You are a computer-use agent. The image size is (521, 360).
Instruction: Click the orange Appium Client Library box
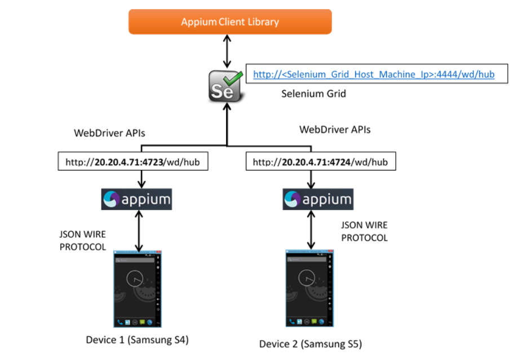229,22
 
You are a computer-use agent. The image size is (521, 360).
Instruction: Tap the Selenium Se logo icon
224,86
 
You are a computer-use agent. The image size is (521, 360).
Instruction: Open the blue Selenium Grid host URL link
374,74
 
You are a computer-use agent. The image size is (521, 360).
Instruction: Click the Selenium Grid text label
314,94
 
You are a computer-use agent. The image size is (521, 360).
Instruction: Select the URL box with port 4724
320,163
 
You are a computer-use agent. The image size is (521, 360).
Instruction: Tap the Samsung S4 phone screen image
136,288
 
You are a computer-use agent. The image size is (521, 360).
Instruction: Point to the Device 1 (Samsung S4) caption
137,340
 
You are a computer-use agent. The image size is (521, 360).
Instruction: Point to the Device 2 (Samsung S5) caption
311,344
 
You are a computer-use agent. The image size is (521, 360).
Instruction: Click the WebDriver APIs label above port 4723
109,133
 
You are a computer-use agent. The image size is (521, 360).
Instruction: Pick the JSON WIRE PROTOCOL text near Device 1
83,240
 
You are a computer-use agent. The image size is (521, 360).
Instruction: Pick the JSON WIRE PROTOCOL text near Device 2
365,231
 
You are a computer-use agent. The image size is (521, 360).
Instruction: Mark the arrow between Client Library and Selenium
227,51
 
